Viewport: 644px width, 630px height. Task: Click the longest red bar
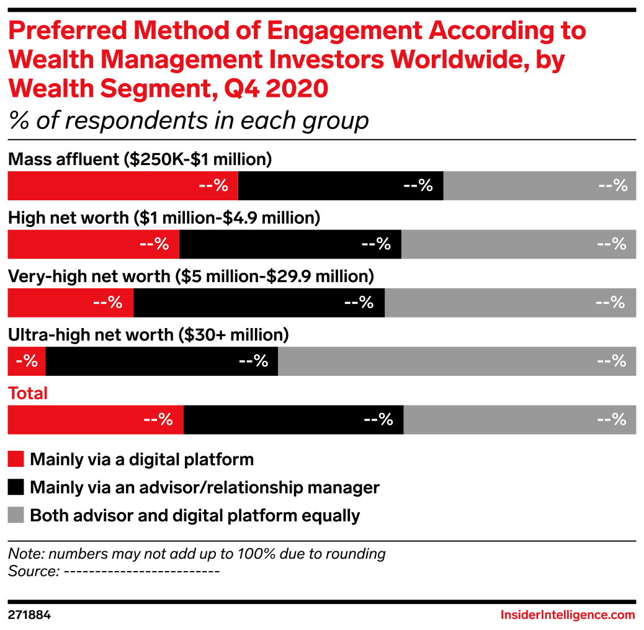[123, 186]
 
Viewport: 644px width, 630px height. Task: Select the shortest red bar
[26, 362]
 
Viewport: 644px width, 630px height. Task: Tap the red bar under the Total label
[96, 420]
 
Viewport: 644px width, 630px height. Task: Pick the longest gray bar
[457, 362]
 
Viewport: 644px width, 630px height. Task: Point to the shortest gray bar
[540, 186]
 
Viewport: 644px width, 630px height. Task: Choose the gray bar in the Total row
[520, 420]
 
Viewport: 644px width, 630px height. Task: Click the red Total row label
[28, 393]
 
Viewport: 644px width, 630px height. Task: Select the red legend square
[16, 459]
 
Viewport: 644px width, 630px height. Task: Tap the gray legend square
[16, 515]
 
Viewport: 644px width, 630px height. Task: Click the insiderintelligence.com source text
[568, 614]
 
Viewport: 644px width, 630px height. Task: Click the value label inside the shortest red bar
[27, 361]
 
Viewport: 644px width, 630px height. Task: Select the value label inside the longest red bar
[213, 186]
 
